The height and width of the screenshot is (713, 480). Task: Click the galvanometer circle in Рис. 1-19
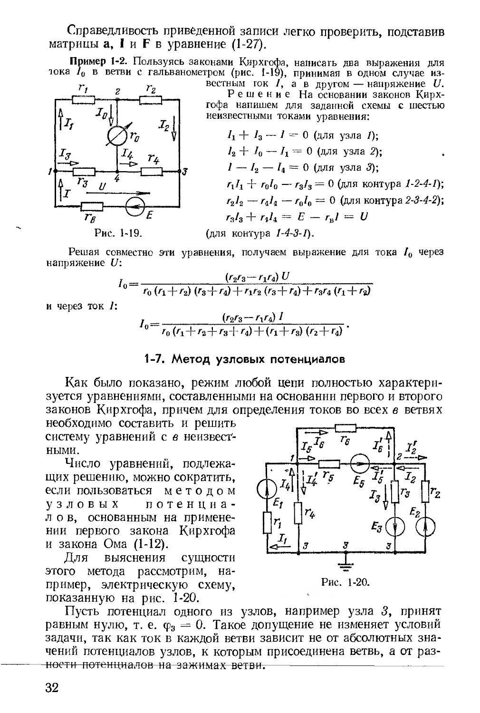pyautogui.click(x=116, y=136)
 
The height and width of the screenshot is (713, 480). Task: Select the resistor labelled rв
pyautogui.click(x=92, y=206)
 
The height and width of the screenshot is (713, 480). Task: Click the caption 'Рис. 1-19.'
pyautogui.click(x=119, y=233)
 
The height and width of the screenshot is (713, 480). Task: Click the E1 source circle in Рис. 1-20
pyautogui.click(x=267, y=488)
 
